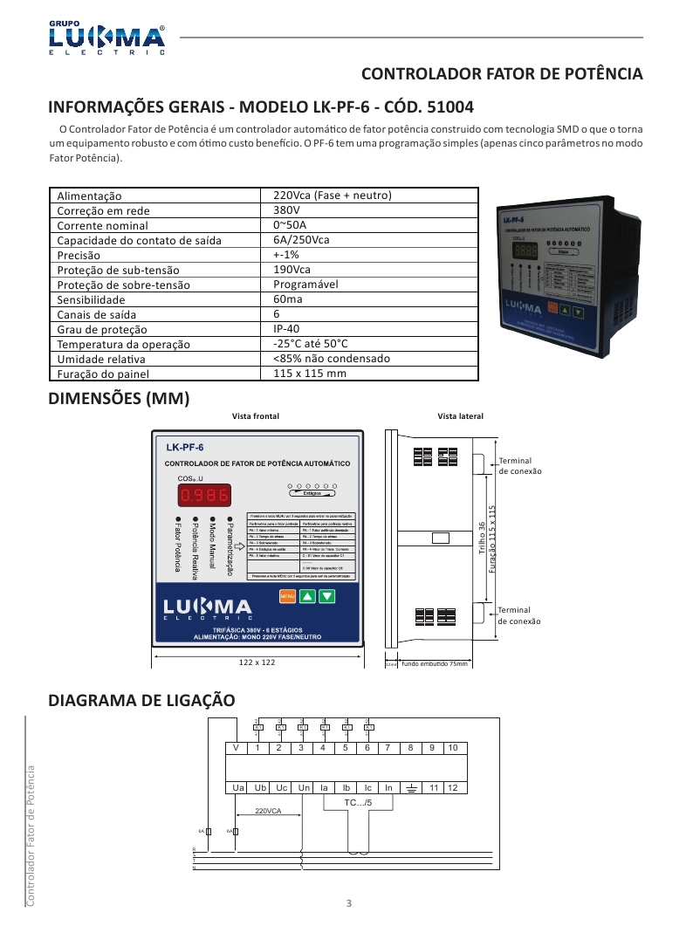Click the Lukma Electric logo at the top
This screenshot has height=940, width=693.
click(x=106, y=37)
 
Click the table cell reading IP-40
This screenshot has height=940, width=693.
click(x=287, y=329)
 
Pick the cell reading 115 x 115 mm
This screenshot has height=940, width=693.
click(x=310, y=374)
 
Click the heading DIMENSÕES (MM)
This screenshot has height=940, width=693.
click(x=119, y=399)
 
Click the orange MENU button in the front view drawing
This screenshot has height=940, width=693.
click(x=286, y=597)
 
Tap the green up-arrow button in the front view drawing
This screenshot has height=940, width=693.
click(x=306, y=597)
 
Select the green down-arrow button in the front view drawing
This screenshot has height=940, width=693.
click(x=326, y=597)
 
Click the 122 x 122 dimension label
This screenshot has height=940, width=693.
click(x=257, y=662)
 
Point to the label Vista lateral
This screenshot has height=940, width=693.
click(x=460, y=416)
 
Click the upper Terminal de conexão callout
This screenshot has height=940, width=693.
click(x=519, y=465)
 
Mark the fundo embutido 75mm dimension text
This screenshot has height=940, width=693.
click(x=435, y=664)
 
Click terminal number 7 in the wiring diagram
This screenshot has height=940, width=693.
click(x=389, y=748)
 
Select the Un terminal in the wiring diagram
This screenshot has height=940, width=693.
click(x=303, y=787)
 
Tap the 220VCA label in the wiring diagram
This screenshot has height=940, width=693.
click(x=268, y=811)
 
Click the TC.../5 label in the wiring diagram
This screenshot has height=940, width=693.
click(x=357, y=801)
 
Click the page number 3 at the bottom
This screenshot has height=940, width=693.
click(x=348, y=902)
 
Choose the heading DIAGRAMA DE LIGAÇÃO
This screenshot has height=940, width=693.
click(x=141, y=700)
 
